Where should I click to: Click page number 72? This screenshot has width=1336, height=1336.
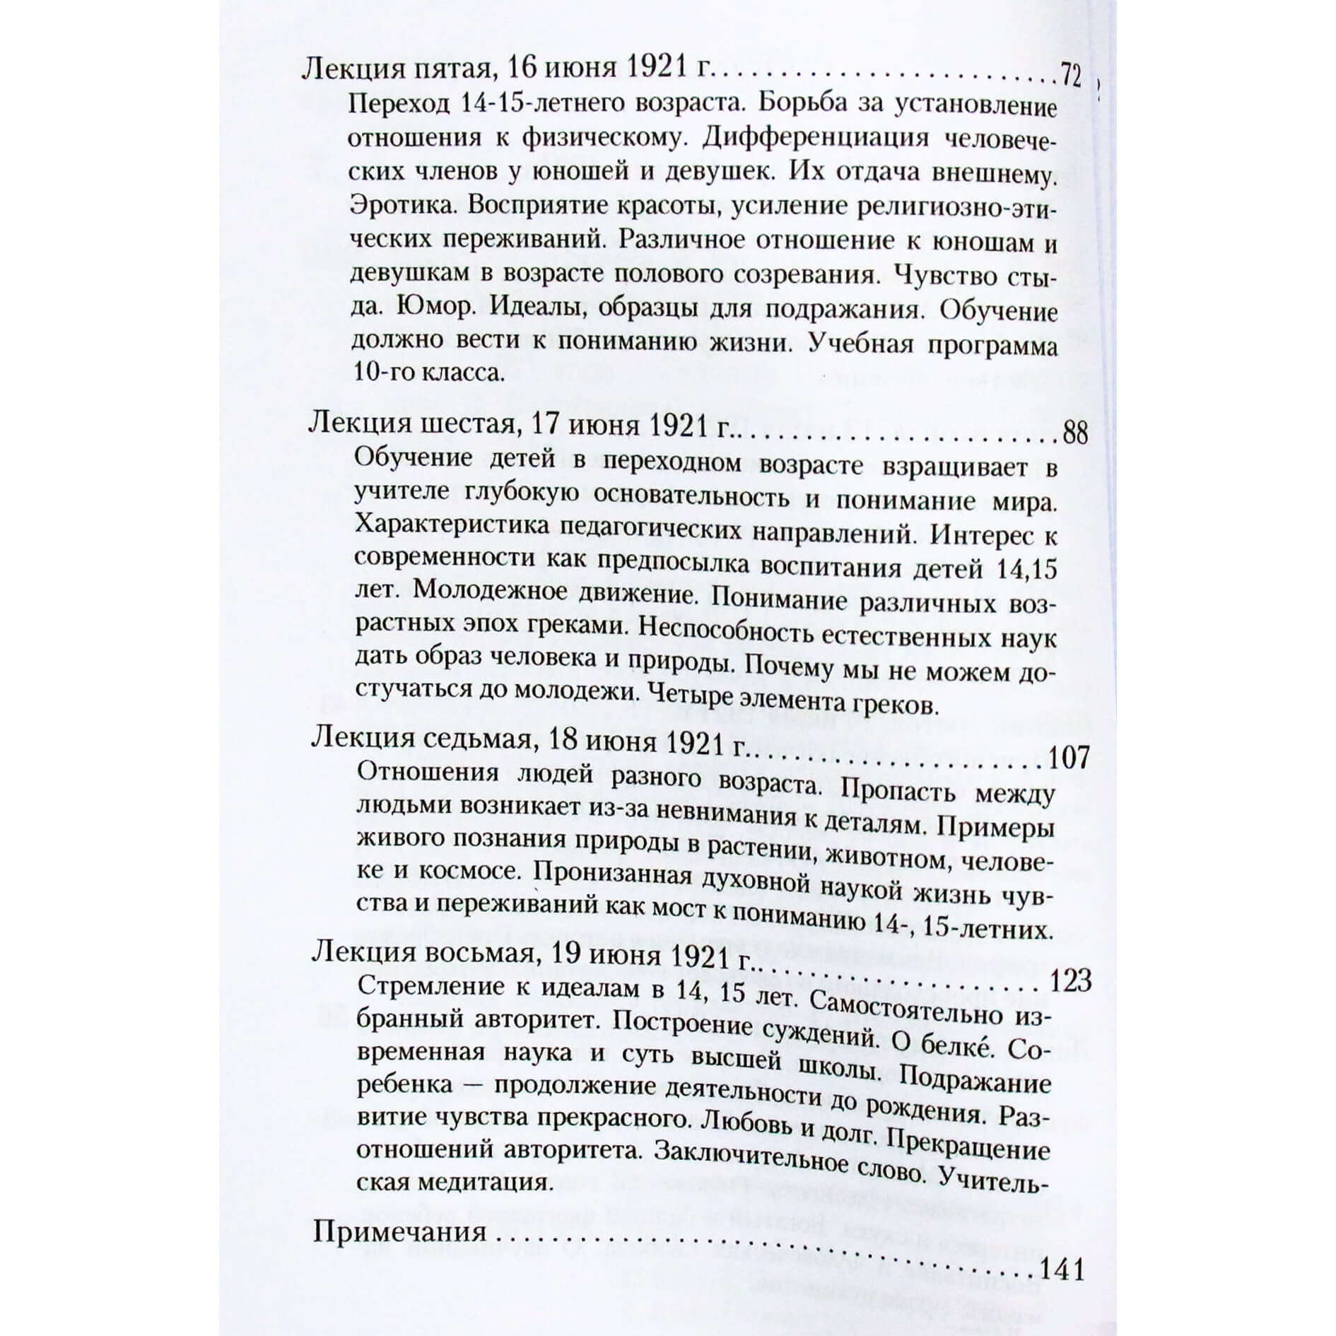1070,76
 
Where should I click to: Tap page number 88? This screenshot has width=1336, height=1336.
1074,433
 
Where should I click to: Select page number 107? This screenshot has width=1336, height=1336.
1067,758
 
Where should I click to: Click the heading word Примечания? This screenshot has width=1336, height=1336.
399,1232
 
